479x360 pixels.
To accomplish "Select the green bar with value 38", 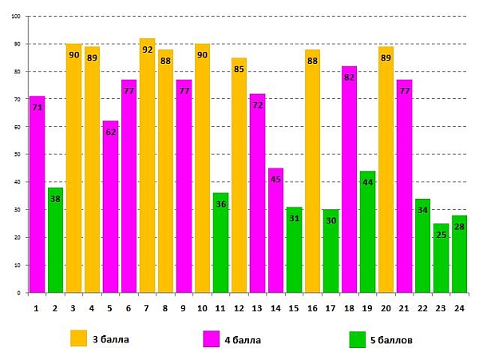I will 55,239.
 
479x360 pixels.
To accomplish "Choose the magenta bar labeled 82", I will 349,179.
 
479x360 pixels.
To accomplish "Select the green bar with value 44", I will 367,231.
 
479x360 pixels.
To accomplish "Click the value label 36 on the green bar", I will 221,204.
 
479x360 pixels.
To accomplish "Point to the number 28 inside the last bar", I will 459,227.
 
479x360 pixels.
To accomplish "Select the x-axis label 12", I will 239,307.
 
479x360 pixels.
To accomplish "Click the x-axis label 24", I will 459,307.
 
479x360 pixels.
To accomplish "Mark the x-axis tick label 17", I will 331,307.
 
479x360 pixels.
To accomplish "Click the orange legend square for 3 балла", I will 78,338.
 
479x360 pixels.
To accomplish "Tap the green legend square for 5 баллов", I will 357,339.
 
